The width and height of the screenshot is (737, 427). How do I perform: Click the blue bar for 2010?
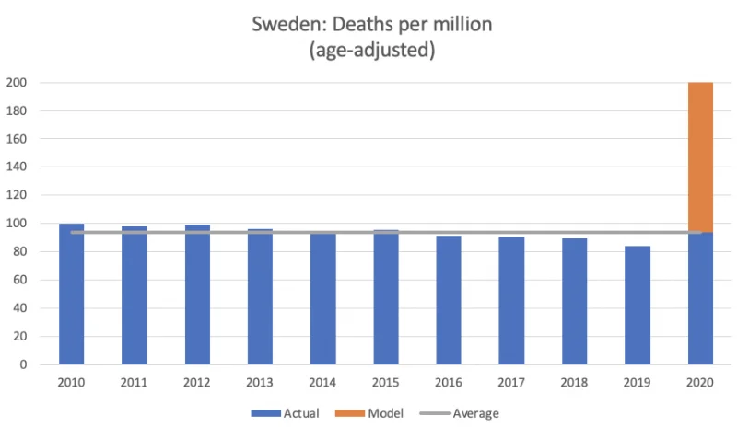72,294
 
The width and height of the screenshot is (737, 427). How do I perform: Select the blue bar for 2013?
260,297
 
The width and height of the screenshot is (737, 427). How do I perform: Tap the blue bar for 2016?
449,300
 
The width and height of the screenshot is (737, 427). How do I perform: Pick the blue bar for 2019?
638,306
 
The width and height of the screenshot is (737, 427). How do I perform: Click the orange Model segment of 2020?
700,157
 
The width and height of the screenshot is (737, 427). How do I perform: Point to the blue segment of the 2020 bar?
700,298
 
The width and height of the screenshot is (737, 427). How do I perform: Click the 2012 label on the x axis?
196,383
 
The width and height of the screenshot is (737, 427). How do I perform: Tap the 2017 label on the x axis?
511,383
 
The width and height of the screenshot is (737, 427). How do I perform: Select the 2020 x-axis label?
700,383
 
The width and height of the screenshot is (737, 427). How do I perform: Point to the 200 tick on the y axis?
17,83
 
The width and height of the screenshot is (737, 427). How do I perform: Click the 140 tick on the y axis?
17,167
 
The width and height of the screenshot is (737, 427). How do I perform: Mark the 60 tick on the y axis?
19,280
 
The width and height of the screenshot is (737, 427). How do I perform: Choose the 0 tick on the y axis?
24,364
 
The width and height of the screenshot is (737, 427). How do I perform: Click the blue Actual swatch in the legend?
265,413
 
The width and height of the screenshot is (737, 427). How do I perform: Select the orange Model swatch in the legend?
350,413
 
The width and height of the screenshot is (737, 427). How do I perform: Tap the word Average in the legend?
475,413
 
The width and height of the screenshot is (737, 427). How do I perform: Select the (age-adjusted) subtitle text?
372,50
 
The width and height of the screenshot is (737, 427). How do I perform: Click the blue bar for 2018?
574,302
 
